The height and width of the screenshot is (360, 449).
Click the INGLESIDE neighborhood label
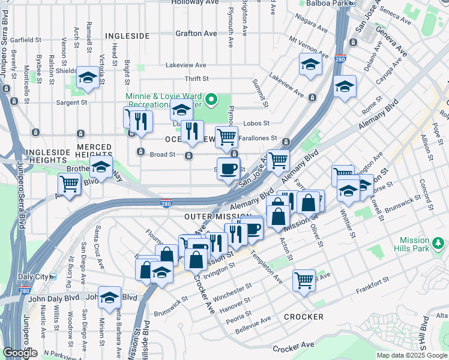click(127, 36)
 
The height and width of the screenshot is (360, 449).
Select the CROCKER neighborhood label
click(303, 316)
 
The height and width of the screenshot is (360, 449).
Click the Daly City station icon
click(53, 277)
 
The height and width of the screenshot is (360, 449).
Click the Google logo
click(20, 353)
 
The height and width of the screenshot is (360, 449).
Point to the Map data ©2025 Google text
click(411, 355)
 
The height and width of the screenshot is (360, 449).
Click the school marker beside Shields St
click(88, 77)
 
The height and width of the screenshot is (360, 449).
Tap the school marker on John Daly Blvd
click(109, 297)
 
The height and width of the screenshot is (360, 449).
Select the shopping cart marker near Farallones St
click(226, 136)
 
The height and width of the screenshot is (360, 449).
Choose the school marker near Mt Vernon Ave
click(310, 64)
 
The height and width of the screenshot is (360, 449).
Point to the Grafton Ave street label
click(196, 34)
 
